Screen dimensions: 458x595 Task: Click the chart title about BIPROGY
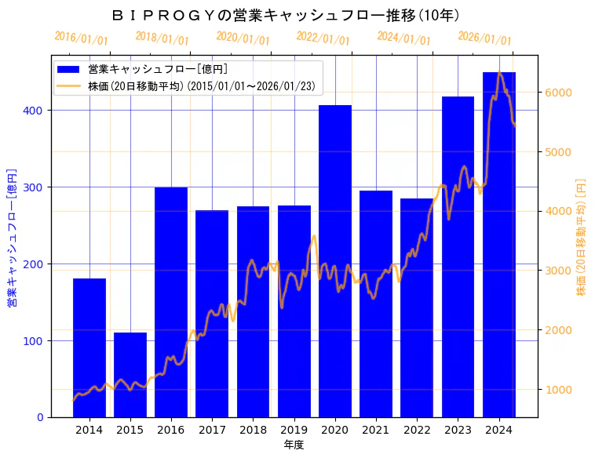286,15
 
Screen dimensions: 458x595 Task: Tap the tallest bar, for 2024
499,244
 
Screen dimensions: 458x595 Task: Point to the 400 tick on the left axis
38,111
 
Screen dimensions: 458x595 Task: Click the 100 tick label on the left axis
38,341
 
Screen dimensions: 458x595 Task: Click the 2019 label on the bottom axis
294,430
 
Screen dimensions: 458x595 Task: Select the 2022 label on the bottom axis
417,430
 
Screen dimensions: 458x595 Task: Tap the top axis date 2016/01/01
82,38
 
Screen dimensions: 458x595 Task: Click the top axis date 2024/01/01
404,38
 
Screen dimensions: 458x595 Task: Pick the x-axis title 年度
294,445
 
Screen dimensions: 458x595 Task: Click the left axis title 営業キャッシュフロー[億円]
12,236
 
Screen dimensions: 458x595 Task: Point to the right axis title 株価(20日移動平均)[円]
582,236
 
